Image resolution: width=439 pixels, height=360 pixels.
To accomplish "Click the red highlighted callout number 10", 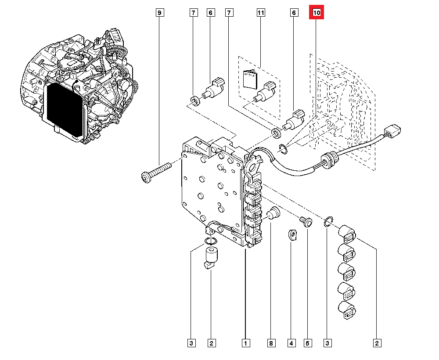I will click(317, 13).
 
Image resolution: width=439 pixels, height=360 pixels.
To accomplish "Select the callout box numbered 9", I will click(160, 13).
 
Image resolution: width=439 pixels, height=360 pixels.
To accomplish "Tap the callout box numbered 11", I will click(261, 13).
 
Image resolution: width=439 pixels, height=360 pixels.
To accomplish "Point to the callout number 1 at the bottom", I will click(245, 343).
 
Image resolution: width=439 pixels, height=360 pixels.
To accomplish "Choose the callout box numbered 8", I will click(271, 343).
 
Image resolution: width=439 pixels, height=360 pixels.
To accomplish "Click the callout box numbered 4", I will click(291, 343).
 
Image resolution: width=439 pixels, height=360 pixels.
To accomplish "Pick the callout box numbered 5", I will click(307, 343).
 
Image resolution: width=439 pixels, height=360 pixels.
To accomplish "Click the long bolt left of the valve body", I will click(156, 172).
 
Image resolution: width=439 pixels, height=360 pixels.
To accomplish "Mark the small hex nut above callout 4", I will click(292, 235).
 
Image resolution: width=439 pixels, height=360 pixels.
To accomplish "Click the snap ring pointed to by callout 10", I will click(283, 148).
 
